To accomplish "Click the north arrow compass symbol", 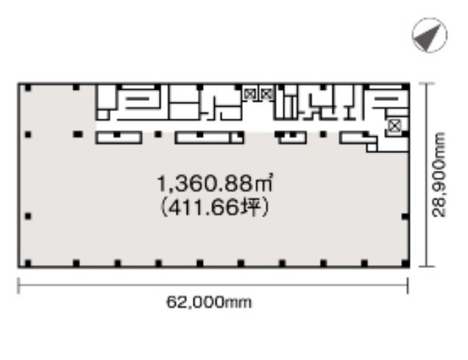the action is point(430,35).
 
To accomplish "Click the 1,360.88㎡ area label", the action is point(214,183).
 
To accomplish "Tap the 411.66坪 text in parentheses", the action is point(215,207).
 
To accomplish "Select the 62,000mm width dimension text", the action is point(209,303).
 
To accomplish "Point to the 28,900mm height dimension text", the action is point(439,174).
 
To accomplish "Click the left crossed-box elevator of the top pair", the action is point(249,94).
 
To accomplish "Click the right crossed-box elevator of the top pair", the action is point(266,94).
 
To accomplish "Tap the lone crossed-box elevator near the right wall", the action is point(394,127).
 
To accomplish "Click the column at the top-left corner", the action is point(28,88).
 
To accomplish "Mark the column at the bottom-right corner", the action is point(405,264).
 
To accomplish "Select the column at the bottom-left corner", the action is point(28,264).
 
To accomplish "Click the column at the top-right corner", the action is point(405,87).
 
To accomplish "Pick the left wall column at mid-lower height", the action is point(28,216).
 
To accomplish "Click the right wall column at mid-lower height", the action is point(405,216).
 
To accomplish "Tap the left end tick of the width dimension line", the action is point(19,286).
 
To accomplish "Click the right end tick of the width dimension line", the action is point(408,286).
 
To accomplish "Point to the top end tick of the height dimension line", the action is point(427,84).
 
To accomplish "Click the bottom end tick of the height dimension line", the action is point(427,266).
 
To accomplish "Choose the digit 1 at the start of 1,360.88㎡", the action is point(161,183).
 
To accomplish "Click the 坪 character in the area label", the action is point(251,207).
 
